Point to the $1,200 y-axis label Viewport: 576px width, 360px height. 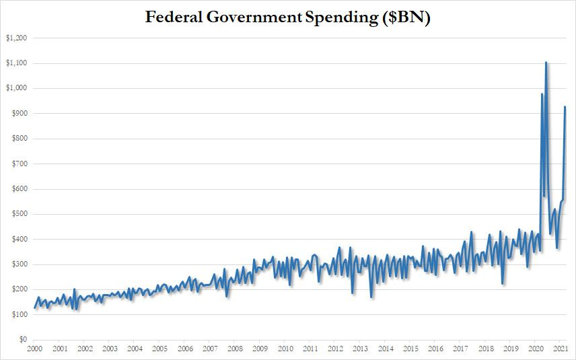point(15,38)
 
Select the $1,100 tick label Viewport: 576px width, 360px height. point(15,63)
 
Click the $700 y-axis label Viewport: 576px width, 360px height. point(18,164)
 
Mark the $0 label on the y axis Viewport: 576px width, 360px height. point(22,340)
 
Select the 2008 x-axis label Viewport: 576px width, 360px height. point(235,349)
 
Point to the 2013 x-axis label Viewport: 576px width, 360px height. point(361,349)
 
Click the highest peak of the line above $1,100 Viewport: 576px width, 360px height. point(546,62)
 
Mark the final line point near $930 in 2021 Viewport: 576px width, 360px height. point(565,106)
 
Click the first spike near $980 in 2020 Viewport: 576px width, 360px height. point(542,94)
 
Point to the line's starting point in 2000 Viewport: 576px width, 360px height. point(34,308)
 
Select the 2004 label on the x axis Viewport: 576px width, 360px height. point(135,349)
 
